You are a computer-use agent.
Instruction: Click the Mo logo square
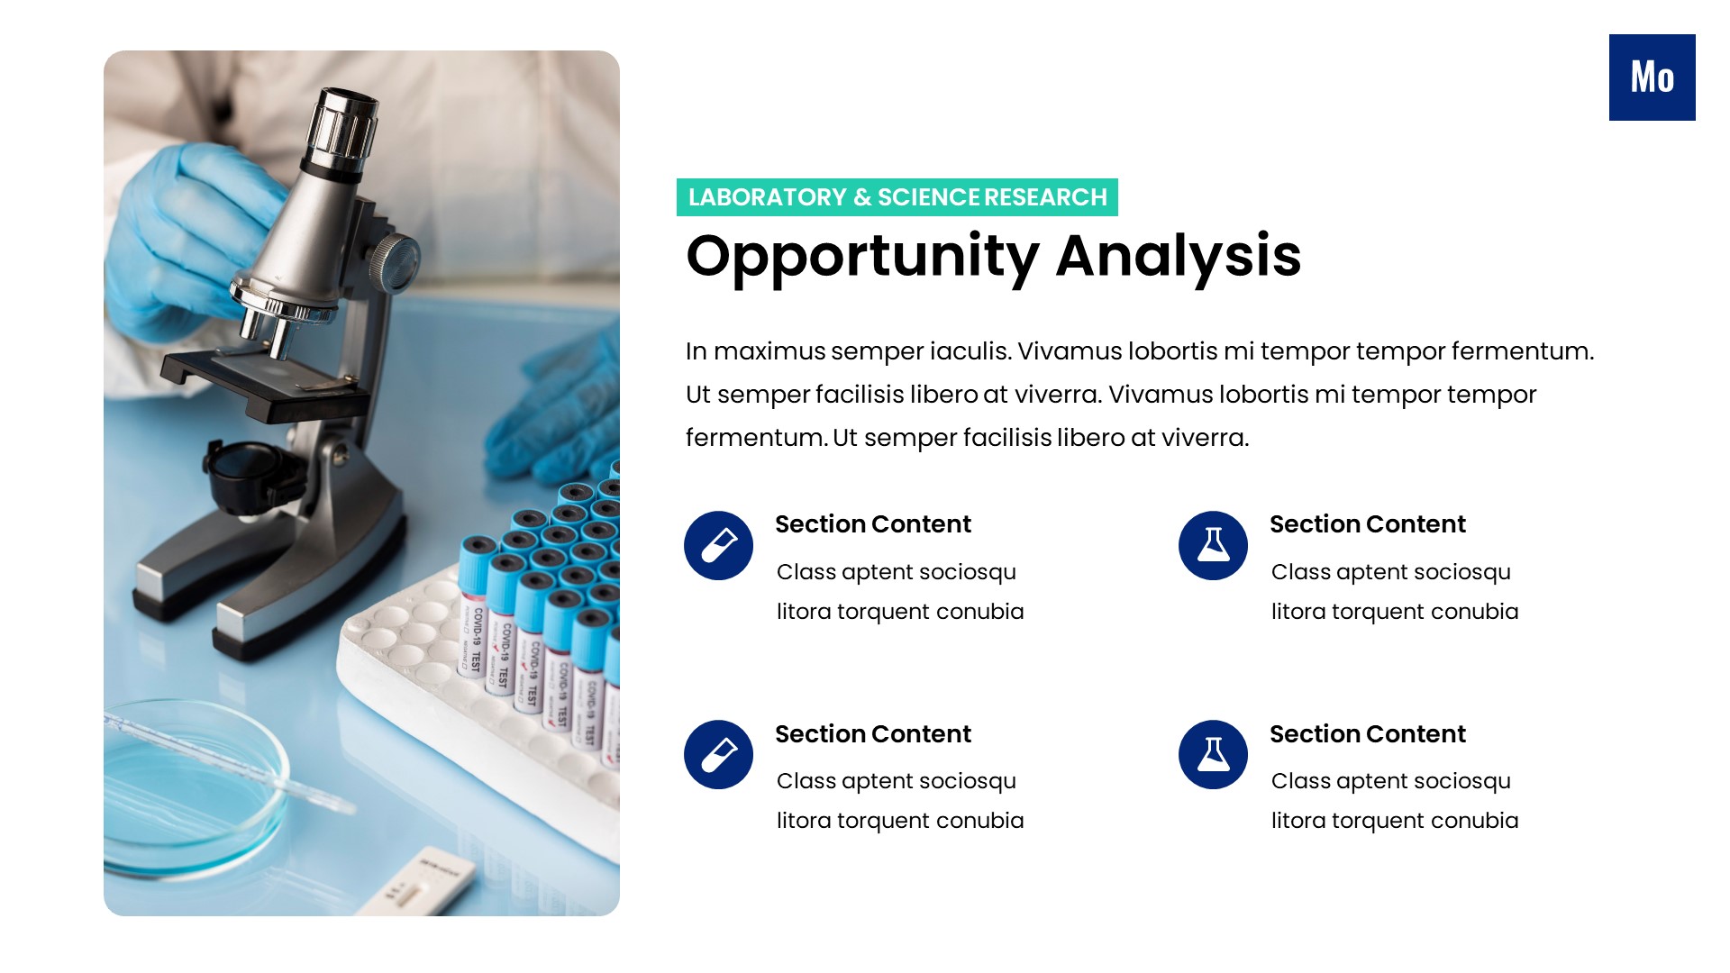pyautogui.click(x=1652, y=77)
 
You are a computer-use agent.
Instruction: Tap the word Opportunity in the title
pyautogui.click(x=862, y=257)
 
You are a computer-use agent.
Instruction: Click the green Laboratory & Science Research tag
pyautogui.click(x=897, y=197)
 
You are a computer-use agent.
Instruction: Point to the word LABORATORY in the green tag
pyautogui.click(x=767, y=197)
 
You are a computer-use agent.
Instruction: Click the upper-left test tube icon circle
pyautogui.click(x=718, y=545)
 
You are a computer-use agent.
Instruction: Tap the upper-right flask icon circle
pyautogui.click(x=1213, y=545)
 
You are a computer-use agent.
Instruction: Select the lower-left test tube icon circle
pyautogui.click(x=718, y=754)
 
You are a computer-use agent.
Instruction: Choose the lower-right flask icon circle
pyautogui.click(x=1213, y=754)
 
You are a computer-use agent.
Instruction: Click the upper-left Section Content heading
pyautogui.click(x=872, y=524)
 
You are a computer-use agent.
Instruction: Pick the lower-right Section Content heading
pyautogui.click(x=1367, y=734)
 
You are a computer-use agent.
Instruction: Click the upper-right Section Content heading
pyautogui.click(x=1367, y=524)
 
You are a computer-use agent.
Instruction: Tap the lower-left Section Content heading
pyautogui.click(x=872, y=734)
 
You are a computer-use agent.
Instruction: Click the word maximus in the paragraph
pyautogui.click(x=769, y=351)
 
